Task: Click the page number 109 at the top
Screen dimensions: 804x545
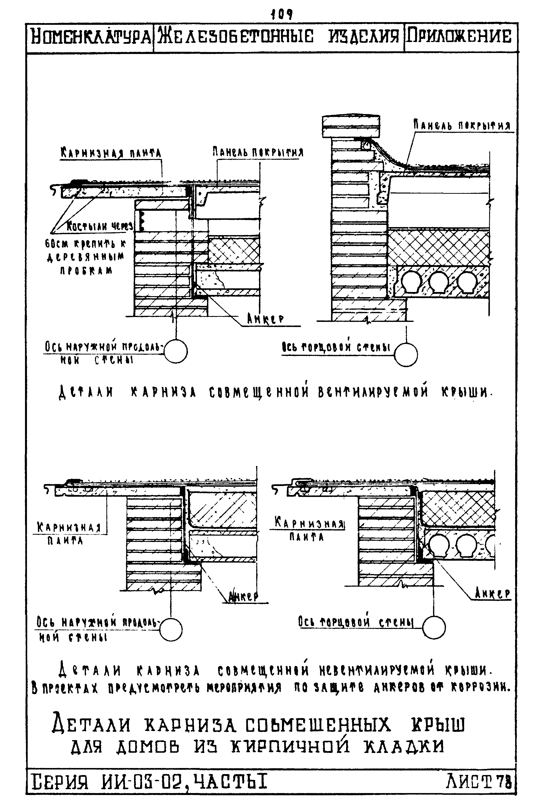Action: point(282,15)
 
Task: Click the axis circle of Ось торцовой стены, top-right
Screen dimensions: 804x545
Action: point(406,354)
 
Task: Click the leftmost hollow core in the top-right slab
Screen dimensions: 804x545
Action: point(409,281)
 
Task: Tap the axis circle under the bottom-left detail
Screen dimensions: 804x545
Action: point(170,629)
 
